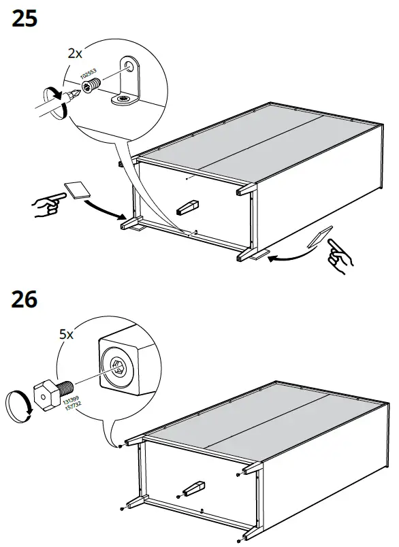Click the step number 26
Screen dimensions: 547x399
(x=25, y=300)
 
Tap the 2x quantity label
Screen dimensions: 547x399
(x=75, y=52)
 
